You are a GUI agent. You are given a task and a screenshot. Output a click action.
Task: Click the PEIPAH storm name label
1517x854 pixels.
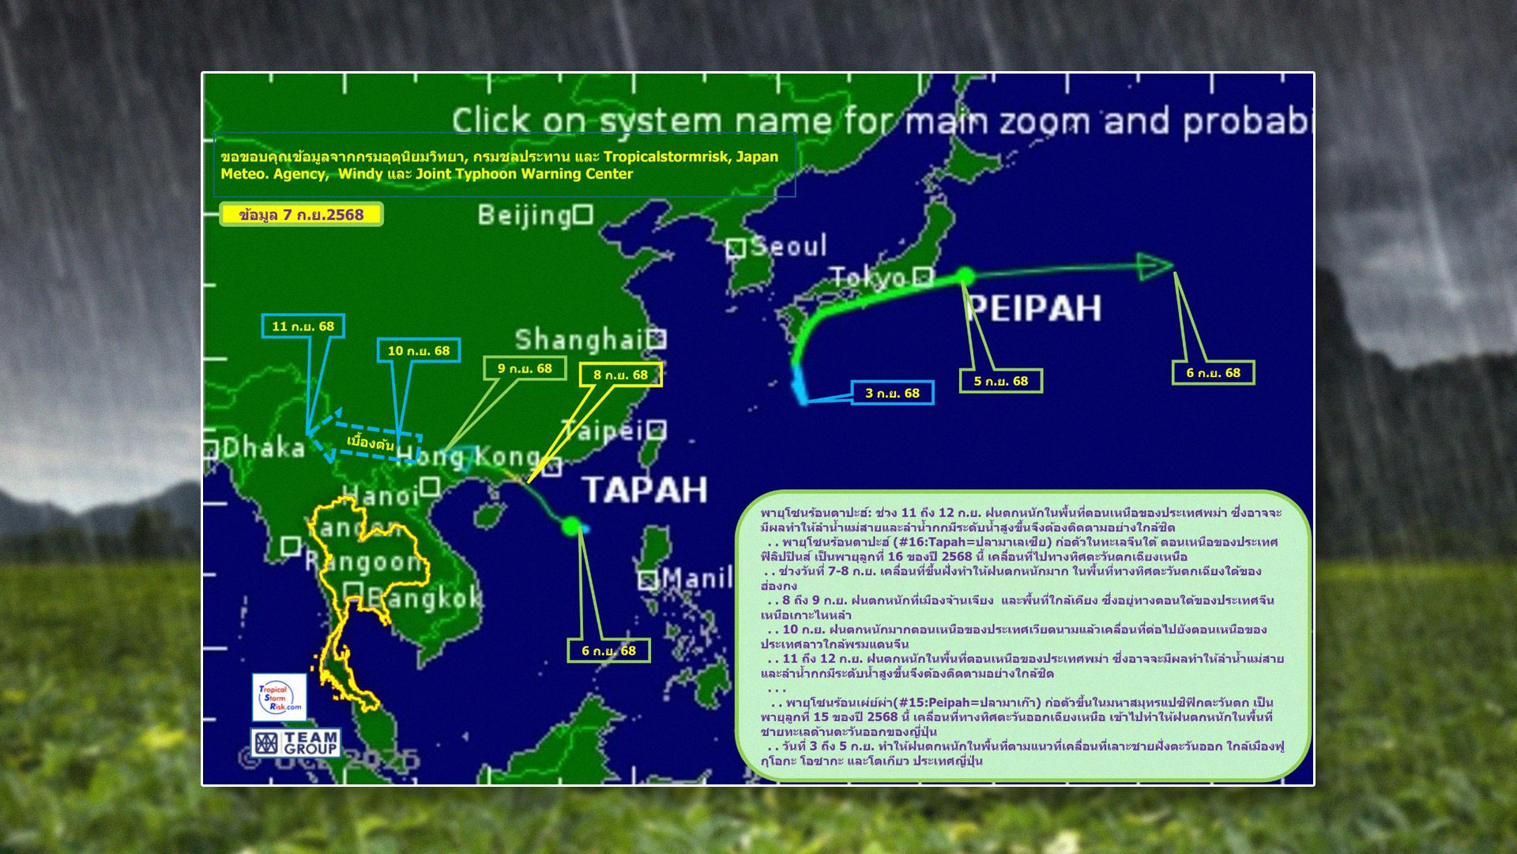1034,308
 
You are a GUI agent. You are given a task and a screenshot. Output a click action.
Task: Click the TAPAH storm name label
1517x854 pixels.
645,490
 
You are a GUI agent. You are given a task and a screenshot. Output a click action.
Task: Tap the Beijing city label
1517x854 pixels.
525,215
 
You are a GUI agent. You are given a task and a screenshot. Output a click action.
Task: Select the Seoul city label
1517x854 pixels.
788,246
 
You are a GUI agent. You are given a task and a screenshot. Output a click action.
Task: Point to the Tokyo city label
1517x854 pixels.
868,278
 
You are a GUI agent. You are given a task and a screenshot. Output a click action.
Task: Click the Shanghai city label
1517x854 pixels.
580,340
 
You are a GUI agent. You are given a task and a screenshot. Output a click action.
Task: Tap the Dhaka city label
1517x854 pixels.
263,448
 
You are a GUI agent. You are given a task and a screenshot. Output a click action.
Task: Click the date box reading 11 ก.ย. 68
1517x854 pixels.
303,326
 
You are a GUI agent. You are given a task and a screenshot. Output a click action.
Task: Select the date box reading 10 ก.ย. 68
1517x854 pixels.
418,350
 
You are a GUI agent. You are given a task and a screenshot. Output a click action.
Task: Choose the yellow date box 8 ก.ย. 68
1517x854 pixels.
620,375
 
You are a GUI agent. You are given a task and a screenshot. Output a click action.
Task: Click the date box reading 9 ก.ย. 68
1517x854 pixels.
525,368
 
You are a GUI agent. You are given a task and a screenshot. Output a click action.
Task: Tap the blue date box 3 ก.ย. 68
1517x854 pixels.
892,393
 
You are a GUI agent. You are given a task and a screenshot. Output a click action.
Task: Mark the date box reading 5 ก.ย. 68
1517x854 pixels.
1000,381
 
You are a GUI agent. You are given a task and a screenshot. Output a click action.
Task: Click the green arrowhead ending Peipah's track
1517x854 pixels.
1155,266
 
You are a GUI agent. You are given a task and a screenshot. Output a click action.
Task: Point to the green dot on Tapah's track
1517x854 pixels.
570,526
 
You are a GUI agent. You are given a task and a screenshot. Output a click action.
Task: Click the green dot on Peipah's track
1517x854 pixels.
965,276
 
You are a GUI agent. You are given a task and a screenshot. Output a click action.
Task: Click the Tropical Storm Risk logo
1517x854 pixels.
279,697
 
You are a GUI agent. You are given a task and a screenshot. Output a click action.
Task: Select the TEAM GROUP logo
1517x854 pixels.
296,743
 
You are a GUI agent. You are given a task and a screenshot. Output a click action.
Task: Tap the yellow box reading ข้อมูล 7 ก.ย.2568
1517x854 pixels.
301,214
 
